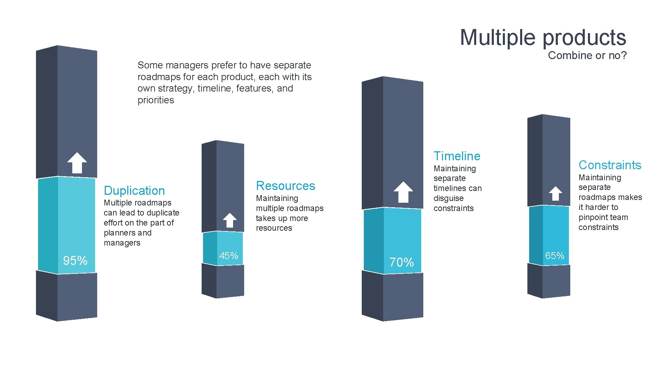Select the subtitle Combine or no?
click(587, 55)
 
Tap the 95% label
click(75, 260)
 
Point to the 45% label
click(229, 256)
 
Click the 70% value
click(402, 262)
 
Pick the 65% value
click(554, 256)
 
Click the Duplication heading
click(134, 191)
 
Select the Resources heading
click(285, 186)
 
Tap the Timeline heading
click(457, 156)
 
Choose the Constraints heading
click(610, 165)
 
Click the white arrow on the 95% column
click(77, 163)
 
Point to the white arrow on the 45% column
click(230, 220)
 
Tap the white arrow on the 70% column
click(403, 192)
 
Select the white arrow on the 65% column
click(555, 193)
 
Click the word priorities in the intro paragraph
click(156, 100)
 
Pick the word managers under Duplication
click(122, 243)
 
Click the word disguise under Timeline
click(448, 198)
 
